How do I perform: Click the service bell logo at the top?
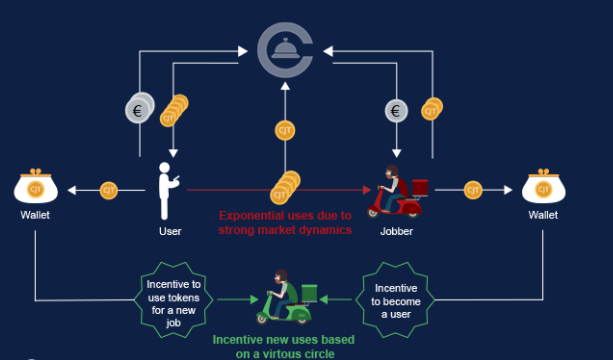tap(285, 50)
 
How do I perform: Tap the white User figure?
tap(167, 191)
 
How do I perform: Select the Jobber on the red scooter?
tap(397, 192)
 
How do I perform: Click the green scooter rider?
tap(287, 297)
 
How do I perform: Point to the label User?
tap(170, 231)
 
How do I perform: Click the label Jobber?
tap(396, 231)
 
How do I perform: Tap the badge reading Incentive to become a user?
tap(396, 300)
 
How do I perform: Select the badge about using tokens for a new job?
tap(174, 300)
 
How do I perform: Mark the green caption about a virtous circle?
tap(284, 347)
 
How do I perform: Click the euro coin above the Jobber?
tap(396, 111)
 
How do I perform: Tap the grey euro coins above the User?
tap(140, 108)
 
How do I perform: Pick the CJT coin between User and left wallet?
tap(109, 191)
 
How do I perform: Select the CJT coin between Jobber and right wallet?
tap(473, 190)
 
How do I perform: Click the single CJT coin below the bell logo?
tap(285, 131)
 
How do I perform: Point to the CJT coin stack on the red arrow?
tap(285, 188)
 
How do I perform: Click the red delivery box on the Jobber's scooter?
tap(420, 188)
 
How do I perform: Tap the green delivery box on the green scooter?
tap(309, 293)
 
